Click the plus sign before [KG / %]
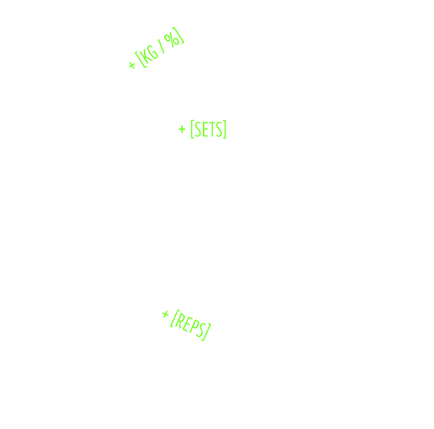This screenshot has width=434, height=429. [132, 65]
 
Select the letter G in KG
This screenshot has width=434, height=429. [154, 51]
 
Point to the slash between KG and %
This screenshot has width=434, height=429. [161, 46]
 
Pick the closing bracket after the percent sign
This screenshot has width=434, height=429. [179, 35]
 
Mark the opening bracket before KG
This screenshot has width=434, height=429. [140, 59]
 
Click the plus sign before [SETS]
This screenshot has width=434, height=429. [181, 129]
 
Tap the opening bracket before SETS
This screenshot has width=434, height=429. [192, 129]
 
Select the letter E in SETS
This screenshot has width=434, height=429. [206, 129]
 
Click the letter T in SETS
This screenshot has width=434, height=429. [212, 129]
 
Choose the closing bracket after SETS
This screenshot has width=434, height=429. [225, 129]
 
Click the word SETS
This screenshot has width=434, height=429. [208, 129]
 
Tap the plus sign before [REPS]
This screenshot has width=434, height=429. [165, 314]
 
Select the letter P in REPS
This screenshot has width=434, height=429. [195, 327]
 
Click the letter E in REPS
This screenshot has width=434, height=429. [188, 324]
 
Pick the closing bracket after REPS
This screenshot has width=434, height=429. [207, 332]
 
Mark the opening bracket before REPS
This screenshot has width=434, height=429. [174, 319]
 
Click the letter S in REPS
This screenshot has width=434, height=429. [201, 329]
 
